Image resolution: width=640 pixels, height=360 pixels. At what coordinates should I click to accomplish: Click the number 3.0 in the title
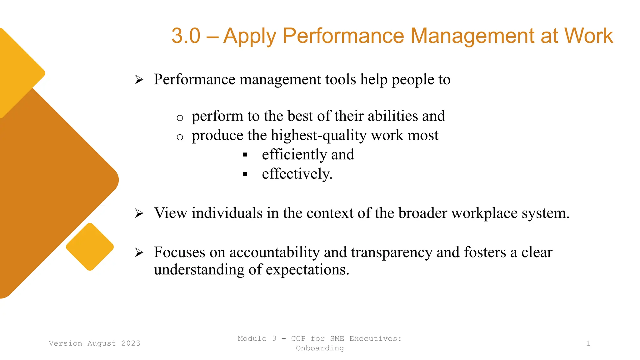(186, 36)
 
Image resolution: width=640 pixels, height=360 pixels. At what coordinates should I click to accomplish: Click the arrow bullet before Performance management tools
(139, 80)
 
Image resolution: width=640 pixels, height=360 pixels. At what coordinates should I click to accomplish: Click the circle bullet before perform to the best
(180, 118)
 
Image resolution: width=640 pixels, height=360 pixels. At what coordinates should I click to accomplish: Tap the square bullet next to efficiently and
(245, 155)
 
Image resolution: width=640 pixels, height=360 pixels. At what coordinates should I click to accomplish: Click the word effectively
(297, 174)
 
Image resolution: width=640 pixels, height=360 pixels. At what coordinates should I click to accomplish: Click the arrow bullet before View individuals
(139, 213)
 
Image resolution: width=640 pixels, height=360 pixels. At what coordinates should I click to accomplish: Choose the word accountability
(274, 252)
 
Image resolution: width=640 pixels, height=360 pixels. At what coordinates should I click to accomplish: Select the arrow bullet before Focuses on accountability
(139, 252)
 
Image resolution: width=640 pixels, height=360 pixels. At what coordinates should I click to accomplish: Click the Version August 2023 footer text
(94, 343)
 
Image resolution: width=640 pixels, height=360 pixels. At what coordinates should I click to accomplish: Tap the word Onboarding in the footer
(320, 348)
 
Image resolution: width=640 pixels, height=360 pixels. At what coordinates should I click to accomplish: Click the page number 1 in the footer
(588, 343)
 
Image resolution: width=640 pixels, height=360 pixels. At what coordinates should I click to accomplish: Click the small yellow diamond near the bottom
(90, 247)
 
